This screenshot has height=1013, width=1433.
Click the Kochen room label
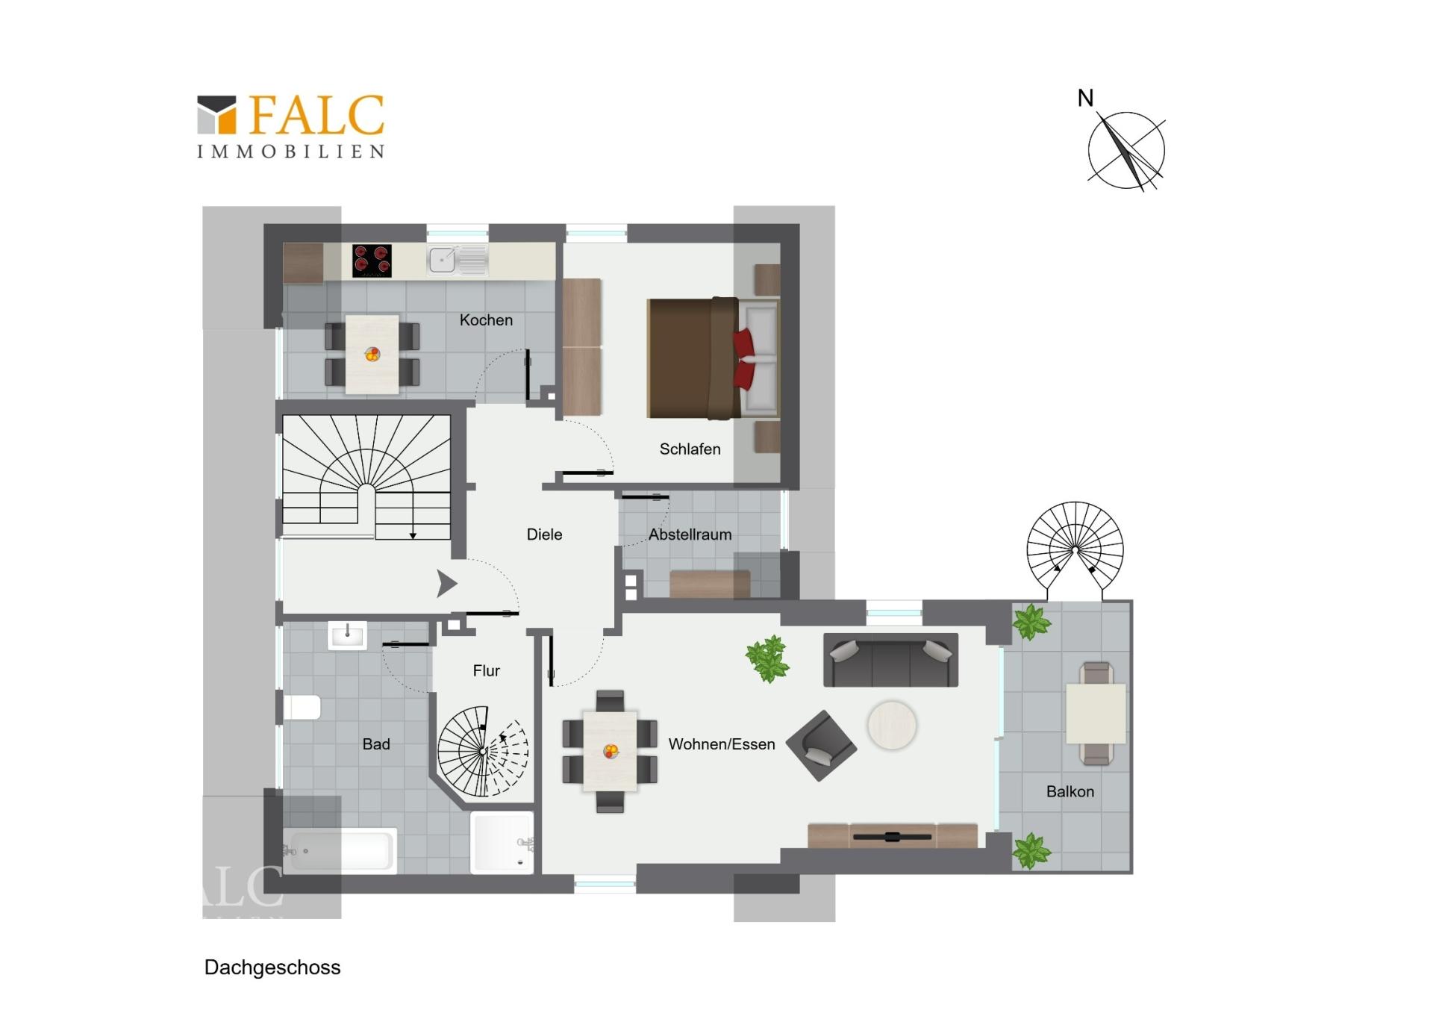pyautogui.click(x=486, y=320)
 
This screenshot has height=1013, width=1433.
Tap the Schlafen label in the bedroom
pyautogui.click(x=690, y=449)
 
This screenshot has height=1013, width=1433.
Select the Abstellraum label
pyautogui.click(x=690, y=534)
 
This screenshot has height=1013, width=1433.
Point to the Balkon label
pyautogui.click(x=1070, y=791)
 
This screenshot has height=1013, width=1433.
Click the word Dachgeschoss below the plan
pyautogui.click(x=272, y=967)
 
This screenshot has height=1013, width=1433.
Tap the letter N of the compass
pyautogui.click(x=1085, y=98)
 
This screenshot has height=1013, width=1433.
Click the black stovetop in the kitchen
pyautogui.click(x=372, y=261)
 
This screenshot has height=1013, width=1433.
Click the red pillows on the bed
pyautogui.click(x=743, y=359)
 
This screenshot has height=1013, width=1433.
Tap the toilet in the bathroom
pyautogui.click(x=302, y=708)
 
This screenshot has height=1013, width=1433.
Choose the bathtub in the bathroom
pyautogui.click(x=340, y=850)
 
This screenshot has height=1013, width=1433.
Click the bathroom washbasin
pyautogui.click(x=347, y=636)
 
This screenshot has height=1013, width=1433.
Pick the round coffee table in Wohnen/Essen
pyautogui.click(x=892, y=725)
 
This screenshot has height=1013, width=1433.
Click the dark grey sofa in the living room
pyautogui.click(x=890, y=660)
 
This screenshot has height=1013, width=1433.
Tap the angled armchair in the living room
pyautogui.click(x=821, y=745)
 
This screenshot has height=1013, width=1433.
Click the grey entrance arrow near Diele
pyautogui.click(x=446, y=584)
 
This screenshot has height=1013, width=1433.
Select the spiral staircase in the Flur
pyautogui.click(x=483, y=751)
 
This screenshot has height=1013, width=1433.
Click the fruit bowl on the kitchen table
pyautogui.click(x=372, y=355)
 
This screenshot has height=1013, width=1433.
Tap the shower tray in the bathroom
pyautogui.click(x=502, y=843)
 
